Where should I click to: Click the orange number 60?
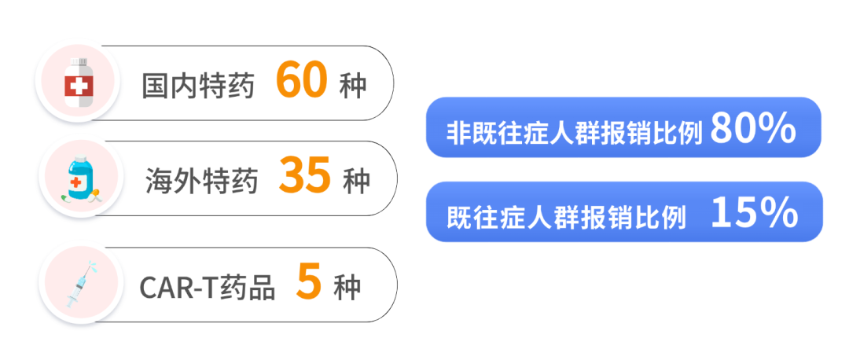301,80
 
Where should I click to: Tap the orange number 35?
304,176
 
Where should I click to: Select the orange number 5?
309,281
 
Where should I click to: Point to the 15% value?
754,213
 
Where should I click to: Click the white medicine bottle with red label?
77,84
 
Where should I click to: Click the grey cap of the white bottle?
78,61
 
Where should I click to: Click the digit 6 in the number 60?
289,80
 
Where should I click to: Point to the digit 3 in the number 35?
292,176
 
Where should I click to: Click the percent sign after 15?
777,213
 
